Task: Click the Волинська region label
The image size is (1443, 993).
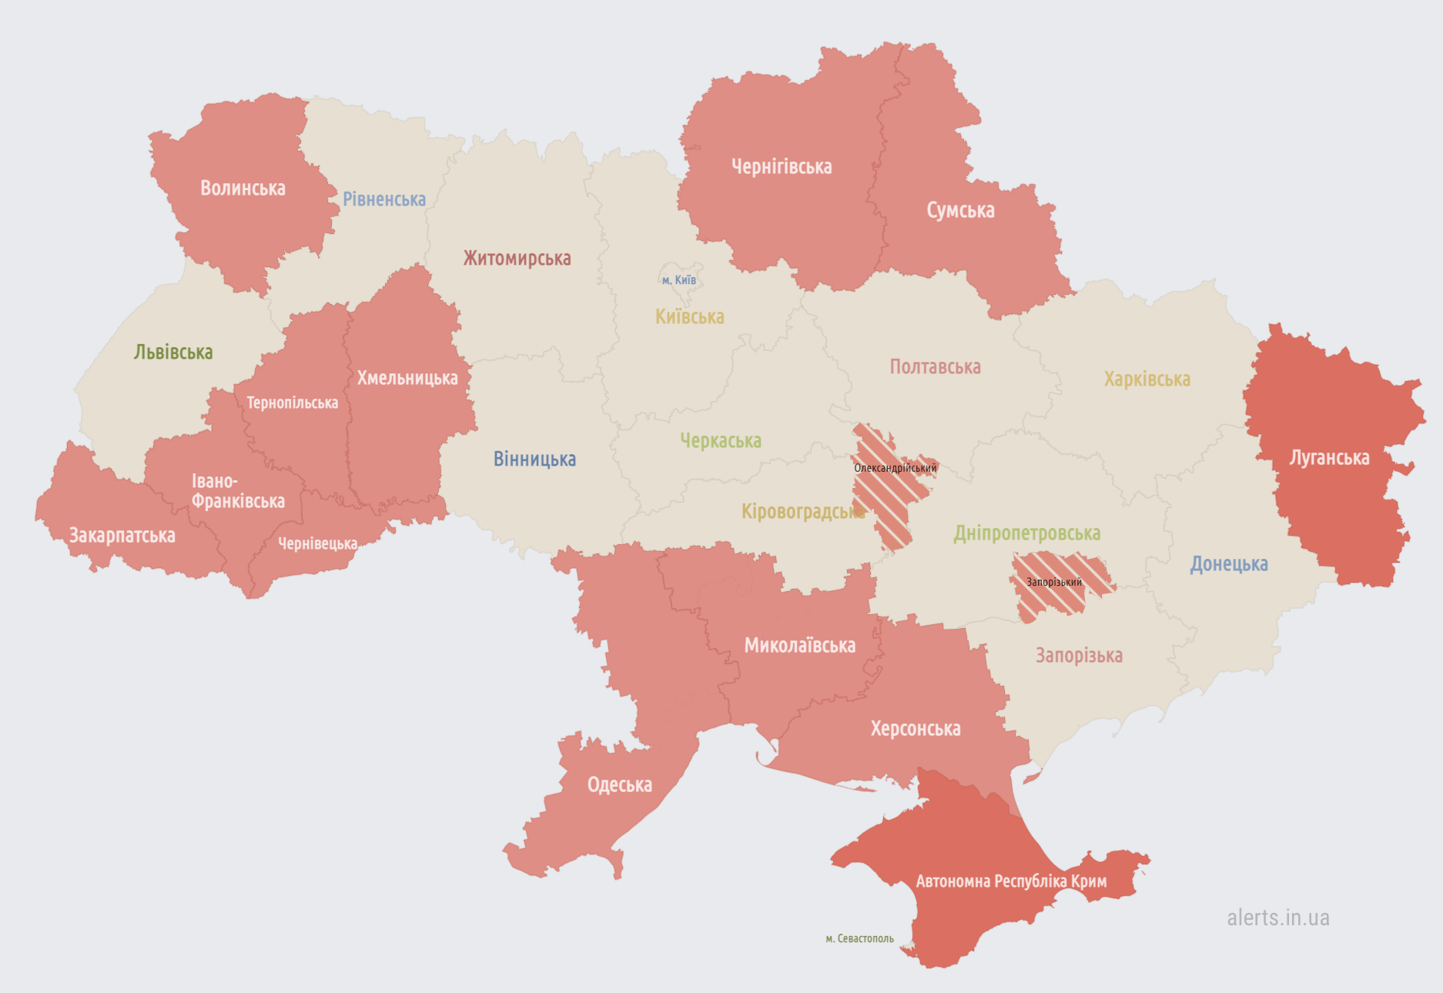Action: pos(243,189)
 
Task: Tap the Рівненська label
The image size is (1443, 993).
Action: pos(384,199)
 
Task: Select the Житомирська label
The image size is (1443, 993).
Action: pos(517,259)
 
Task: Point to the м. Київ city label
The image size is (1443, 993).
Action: pos(678,280)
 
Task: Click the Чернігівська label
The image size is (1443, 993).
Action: pos(782,167)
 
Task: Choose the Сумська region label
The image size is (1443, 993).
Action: pos(960,210)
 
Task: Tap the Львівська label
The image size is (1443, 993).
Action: pos(173,353)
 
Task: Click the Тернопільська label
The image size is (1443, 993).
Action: pos(292,403)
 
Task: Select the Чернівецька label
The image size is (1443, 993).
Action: pos(317,543)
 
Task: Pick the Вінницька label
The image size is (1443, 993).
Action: pos(534,460)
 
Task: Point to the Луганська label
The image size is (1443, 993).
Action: pos(1329,458)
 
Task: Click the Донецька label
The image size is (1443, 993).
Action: pos(1229,564)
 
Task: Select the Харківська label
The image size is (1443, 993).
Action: pos(1147,379)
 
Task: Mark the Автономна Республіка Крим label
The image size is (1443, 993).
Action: pos(1011,881)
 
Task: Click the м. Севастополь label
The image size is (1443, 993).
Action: pos(859,938)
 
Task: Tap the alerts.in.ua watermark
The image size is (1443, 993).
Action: pos(1278,918)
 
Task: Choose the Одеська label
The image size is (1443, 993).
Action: pos(619,785)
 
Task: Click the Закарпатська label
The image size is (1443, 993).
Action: pos(122,536)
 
